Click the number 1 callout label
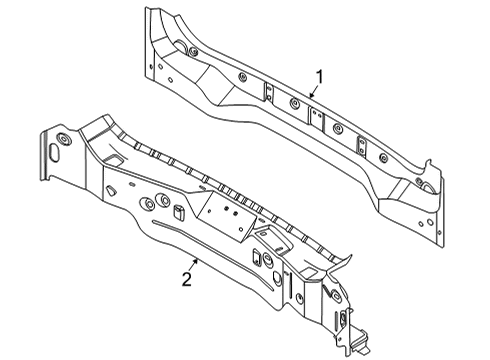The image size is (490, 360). (320, 77)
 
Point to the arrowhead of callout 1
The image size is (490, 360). (310, 98)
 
